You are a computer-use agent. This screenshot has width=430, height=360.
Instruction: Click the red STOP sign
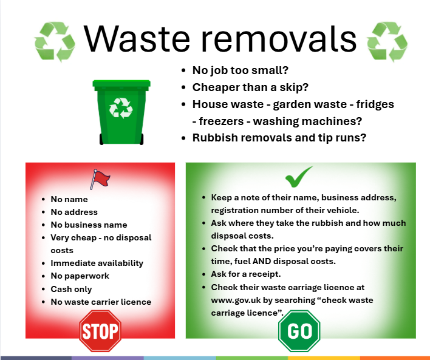click(100, 331)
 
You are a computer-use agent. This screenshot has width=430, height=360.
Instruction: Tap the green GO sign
click(299, 331)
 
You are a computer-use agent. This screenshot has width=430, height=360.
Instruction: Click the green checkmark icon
click(299, 177)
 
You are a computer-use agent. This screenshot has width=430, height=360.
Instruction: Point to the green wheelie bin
click(120, 112)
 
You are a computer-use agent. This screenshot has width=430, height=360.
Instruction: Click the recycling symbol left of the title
click(55, 41)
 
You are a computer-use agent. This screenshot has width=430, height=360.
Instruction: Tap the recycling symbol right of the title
click(387, 41)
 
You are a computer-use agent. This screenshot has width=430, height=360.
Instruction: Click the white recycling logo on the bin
click(120, 108)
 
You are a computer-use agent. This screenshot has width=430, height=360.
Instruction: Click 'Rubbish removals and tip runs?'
click(279, 137)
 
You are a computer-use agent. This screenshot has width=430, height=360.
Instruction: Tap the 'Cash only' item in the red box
click(71, 289)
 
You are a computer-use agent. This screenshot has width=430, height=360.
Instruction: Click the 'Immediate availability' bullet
click(97, 263)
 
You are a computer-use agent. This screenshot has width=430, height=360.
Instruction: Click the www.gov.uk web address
click(236, 301)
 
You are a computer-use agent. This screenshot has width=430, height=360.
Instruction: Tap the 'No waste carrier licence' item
click(101, 302)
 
